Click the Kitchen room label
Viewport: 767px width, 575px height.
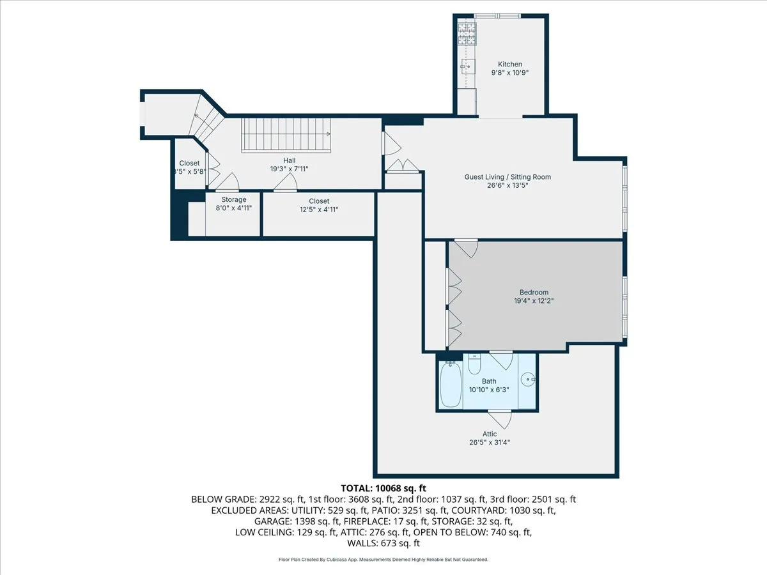(510, 65)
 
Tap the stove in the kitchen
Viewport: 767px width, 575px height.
(467, 34)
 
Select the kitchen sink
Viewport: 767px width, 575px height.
(468, 66)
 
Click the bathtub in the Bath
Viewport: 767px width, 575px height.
(451, 384)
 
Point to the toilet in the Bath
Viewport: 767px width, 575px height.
(474, 364)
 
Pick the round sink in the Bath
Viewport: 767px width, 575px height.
(527, 379)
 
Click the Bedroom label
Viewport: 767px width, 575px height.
(534, 292)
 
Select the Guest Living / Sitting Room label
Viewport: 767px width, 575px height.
(507, 177)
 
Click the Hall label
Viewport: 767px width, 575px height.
(290, 160)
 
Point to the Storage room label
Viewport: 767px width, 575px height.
(234, 200)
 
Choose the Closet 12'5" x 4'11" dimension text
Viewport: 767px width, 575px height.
(319, 210)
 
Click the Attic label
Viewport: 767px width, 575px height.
(490, 434)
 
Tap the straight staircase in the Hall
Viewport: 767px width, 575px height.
(286, 135)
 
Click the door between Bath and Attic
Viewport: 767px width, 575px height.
(500, 418)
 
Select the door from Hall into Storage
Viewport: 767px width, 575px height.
(228, 182)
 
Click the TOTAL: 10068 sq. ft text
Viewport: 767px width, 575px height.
(383, 488)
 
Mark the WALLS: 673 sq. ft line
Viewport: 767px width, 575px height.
(383, 543)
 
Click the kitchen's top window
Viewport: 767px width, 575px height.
(497, 15)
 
